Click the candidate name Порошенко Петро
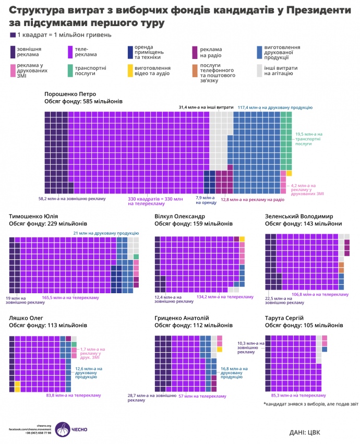[x=70, y=94]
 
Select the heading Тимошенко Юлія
[x=34, y=216]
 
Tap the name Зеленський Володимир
[x=302, y=216]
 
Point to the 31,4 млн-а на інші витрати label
[x=206, y=107]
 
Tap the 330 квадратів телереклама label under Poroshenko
[x=156, y=201]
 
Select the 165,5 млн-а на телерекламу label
[x=67, y=297]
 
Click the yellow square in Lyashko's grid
[x=17, y=387]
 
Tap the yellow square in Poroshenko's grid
[x=289, y=173]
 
